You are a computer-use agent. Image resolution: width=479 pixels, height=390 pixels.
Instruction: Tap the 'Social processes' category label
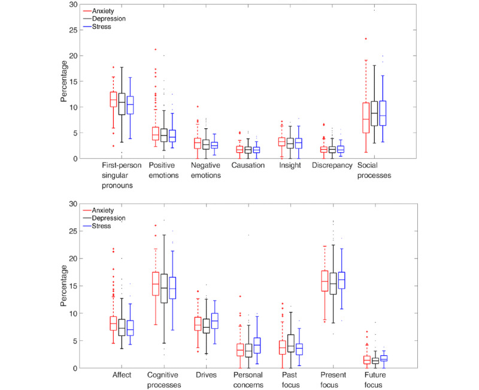pos(375,170)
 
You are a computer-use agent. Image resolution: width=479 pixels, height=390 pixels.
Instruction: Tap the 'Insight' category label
pos(291,165)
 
